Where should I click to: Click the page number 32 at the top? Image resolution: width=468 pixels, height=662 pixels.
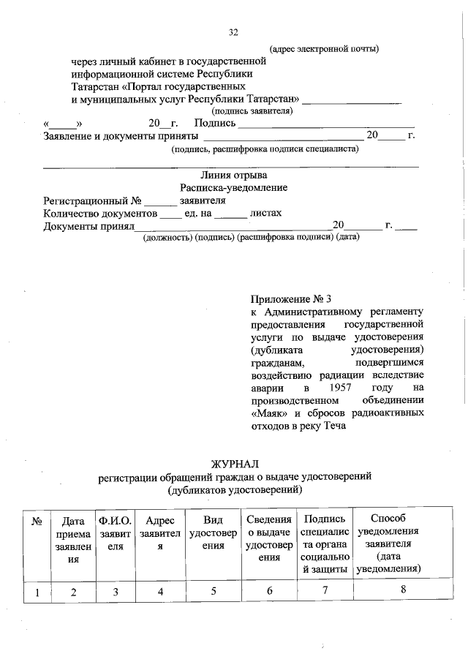click(234, 32)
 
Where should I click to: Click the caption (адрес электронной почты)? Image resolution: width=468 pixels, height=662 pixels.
click(325, 50)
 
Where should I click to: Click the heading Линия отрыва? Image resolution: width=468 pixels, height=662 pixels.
click(234, 175)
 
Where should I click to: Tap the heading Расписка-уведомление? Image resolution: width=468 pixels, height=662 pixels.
click(234, 187)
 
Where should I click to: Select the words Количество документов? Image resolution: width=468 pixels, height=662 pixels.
click(101, 214)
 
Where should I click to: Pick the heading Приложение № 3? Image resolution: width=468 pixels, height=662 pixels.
click(290, 298)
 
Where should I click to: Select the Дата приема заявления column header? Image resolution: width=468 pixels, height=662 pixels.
click(73, 540)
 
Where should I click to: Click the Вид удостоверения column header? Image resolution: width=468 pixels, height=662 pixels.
click(213, 533)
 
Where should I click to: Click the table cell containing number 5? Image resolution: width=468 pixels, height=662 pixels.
click(213, 591)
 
